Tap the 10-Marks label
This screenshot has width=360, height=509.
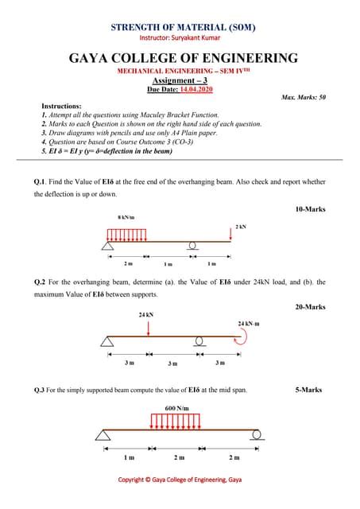[309, 209]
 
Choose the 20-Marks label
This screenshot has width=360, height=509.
[309, 306]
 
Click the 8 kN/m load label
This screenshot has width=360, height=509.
[126, 216]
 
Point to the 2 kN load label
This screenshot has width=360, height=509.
[240, 227]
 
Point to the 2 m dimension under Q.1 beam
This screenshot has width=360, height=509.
[128, 262]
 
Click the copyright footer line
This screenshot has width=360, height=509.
[180, 480]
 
